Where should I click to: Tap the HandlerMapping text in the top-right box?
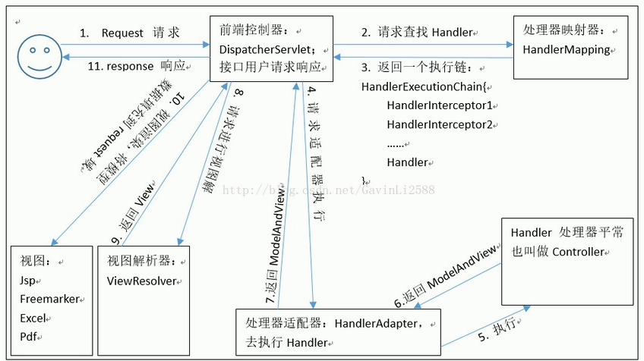[567, 49]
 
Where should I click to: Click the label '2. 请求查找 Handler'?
[417, 33]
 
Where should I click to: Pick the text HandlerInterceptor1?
[440, 105]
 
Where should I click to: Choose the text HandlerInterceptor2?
[440, 124]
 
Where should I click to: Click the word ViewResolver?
[142, 281]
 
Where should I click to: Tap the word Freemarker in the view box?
[49, 299]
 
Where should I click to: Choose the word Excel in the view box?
[33, 317]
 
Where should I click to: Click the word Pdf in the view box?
[30, 335]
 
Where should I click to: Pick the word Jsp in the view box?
[29, 281]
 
